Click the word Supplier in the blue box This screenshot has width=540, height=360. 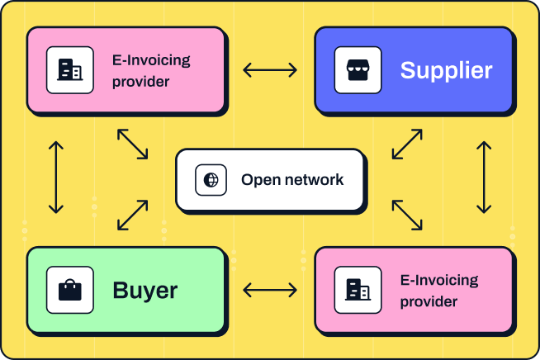(x=446, y=70)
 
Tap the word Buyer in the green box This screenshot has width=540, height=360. (x=145, y=290)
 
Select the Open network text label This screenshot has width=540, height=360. (x=291, y=180)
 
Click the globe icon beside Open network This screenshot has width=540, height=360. (x=211, y=180)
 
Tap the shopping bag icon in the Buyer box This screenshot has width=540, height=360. (x=70, y=290)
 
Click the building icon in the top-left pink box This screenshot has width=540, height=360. (x=70, y=70)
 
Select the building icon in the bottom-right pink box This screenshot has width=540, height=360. (x=358, y=290)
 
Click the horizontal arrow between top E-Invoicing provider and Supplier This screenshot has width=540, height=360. (x=270, y=70)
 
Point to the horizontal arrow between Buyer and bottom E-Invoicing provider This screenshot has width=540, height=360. (x=270, y=290)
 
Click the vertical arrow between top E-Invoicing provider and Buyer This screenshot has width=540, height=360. (x=56, y=178)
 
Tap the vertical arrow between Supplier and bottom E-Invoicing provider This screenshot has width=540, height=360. (x=484, y=178)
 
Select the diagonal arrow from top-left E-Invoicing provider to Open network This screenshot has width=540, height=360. (x=133, y=144)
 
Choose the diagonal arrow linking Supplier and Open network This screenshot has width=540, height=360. (x=407, y=144)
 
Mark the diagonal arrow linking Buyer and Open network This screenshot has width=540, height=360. (x=133, y=214)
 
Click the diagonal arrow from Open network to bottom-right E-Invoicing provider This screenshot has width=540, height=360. (x=407, y=214)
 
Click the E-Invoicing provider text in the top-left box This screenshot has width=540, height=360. (x=151, y=70)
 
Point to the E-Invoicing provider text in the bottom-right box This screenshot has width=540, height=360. (x=438, y=291)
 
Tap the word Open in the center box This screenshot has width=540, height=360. (x=257, y=180)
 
